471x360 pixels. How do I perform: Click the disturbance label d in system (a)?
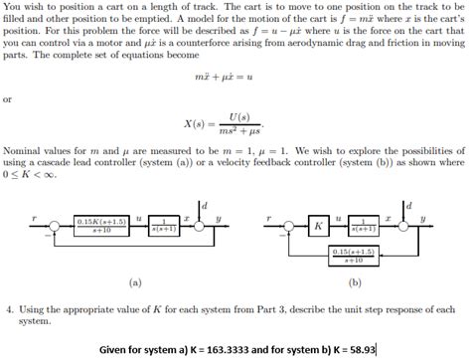pyautogui.click(x=205, y=205)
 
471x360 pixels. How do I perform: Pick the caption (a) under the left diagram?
pyautogui.click(x=135, y=281)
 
